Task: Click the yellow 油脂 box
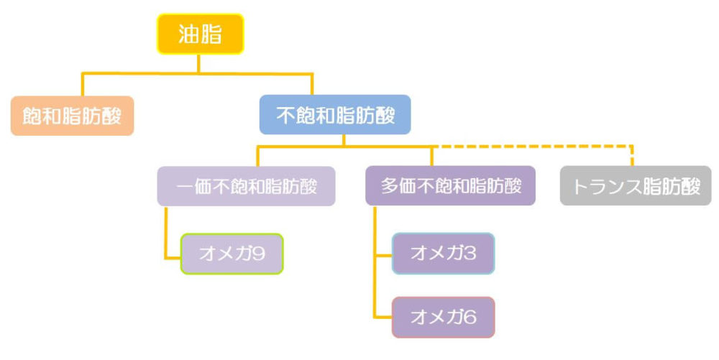[x=201, y=34]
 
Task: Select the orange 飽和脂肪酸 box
[x=72, y=116]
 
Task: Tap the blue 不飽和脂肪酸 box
[x=335, y=114]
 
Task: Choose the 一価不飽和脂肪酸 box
[x=246, y=186]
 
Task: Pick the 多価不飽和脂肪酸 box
[x=450, y=185]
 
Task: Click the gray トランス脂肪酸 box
[x=636, y=185]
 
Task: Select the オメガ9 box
[x=232, y=254]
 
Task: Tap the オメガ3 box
[x=444, y=253]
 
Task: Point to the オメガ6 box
[x=444, y=317]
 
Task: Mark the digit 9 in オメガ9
[x=259, y=253]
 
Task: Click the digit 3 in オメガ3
[x=470, y=252]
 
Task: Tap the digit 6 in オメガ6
[x=470, y=316]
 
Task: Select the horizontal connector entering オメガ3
[x=383, y=254]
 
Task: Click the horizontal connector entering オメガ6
[x=383, y=316]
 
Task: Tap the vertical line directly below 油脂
[x=198, y=64]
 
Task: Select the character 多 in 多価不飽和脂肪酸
[x=389, y=185]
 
